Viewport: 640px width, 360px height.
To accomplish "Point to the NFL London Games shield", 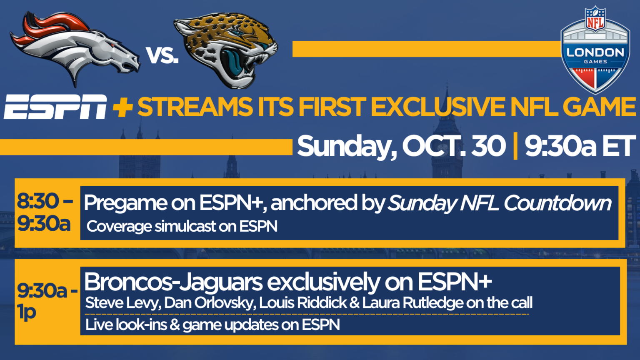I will (595, 50).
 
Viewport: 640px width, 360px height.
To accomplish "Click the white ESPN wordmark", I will (55, 107).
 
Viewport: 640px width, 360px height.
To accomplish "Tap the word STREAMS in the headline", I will (195, 107).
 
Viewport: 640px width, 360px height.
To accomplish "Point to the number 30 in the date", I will (488, 146).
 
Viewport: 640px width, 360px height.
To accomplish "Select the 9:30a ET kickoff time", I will (580, 146).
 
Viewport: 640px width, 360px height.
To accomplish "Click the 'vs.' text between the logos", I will (162, 55).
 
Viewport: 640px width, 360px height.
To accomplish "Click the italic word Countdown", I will (557, 203).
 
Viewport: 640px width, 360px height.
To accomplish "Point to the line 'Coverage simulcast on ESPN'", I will (182, 227).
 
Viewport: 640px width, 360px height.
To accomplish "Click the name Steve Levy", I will (123, 303).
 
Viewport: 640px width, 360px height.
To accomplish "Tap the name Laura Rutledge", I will (412, 303).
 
